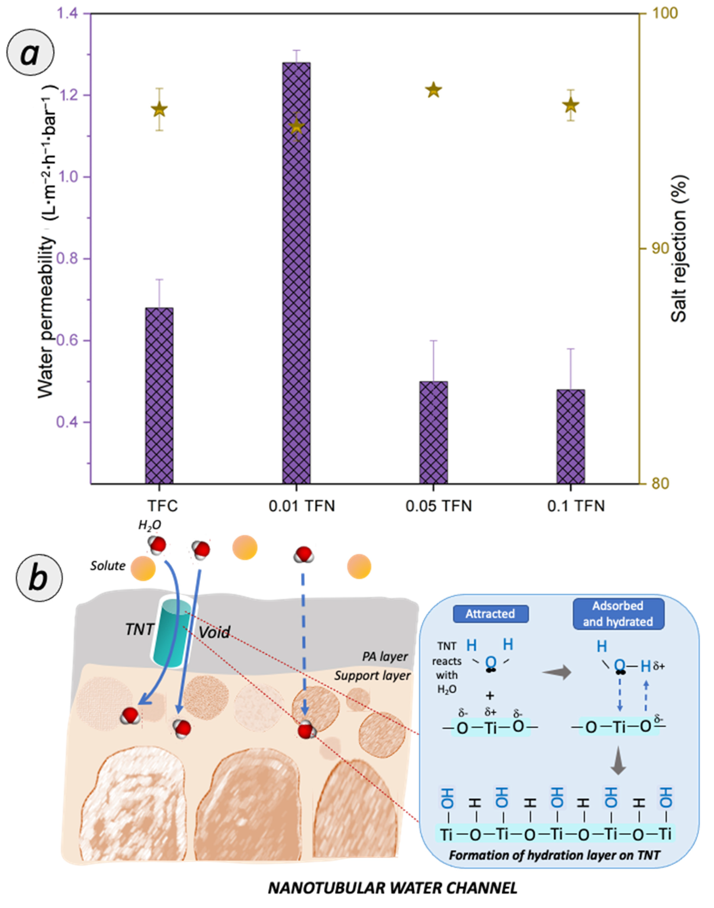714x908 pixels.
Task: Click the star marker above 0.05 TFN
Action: [x=434, y=90]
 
